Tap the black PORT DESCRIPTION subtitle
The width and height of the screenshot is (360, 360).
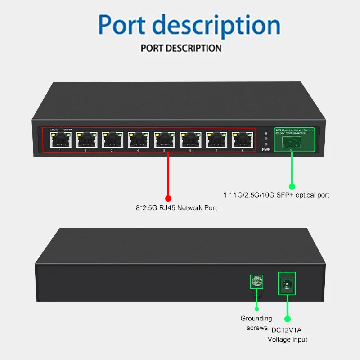pos(181,48)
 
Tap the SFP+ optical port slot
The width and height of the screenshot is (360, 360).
pos(292,142)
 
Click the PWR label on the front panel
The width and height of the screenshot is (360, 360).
pos(266,149)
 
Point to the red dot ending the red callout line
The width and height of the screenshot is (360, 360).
pos(168,198)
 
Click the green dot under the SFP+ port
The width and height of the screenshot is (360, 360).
pos(292,186)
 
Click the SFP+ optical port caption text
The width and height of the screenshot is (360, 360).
pos(276,195)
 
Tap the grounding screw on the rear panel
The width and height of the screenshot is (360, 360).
pos(256,282)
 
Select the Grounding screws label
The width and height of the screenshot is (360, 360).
pos(256,323)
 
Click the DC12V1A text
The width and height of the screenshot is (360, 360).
pos(286,330)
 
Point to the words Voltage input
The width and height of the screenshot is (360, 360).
pos(287,340)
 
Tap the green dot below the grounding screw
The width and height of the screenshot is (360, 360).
pos(256,308)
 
